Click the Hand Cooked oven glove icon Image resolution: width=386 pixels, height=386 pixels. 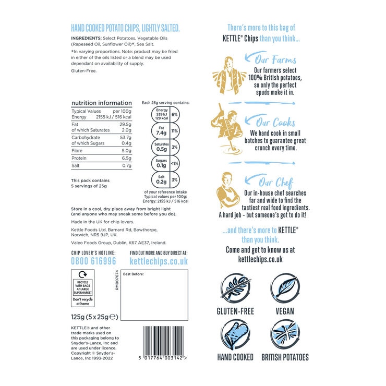(x=235, y=334)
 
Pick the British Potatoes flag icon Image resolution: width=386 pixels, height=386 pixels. (x=285, y=334)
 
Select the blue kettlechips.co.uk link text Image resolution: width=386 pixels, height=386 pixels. (x=151, y=261)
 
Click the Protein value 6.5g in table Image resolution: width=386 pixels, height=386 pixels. (x=126, y=158)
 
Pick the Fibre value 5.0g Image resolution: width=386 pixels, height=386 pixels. (x=126, y=151)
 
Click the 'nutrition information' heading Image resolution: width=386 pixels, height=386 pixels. (x=102, y=103)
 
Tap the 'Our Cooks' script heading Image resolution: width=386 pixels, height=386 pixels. (x=276, y=123)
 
